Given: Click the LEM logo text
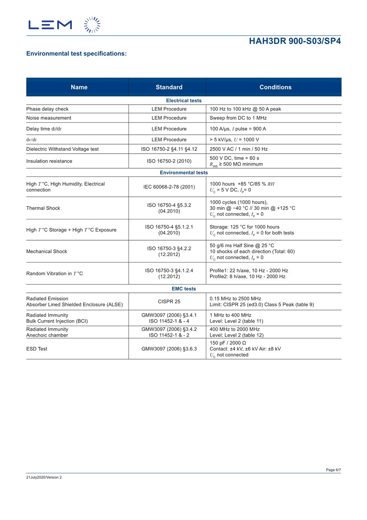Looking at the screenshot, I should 50,25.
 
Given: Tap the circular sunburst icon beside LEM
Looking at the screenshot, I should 92,25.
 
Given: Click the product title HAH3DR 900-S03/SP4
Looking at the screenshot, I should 295,41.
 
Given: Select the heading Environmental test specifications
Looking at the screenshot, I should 76,54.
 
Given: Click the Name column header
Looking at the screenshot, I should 79,87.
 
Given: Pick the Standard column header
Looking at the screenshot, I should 169,87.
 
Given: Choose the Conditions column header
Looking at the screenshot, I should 275,87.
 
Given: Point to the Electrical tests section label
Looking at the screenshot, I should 183,100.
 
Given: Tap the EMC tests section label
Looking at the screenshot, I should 183,289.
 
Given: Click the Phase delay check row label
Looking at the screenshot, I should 47,109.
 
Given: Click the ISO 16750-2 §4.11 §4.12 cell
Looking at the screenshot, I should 169,149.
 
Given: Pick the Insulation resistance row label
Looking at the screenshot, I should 49,161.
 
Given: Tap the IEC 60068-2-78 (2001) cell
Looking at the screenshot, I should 169,187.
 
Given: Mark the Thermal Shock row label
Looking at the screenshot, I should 43,208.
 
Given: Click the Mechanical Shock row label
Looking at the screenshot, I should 46,251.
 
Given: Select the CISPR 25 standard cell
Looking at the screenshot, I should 169,301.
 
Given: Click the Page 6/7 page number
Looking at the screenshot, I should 333,470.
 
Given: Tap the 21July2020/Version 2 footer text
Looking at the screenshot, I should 44,477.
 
